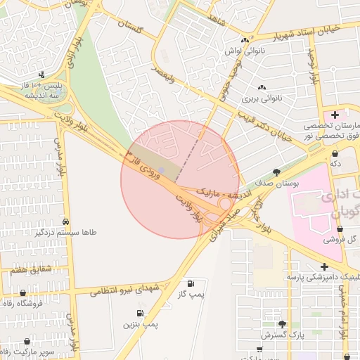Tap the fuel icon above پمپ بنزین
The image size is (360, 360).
pos(141,312)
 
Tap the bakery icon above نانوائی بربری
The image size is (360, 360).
pos(262,87)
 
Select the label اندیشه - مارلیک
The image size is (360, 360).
pos(218,191)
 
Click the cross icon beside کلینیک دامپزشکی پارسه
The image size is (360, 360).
pos(324,266)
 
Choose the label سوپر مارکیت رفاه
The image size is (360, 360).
pos(28,350)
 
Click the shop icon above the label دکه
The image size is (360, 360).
pos(335,152)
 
